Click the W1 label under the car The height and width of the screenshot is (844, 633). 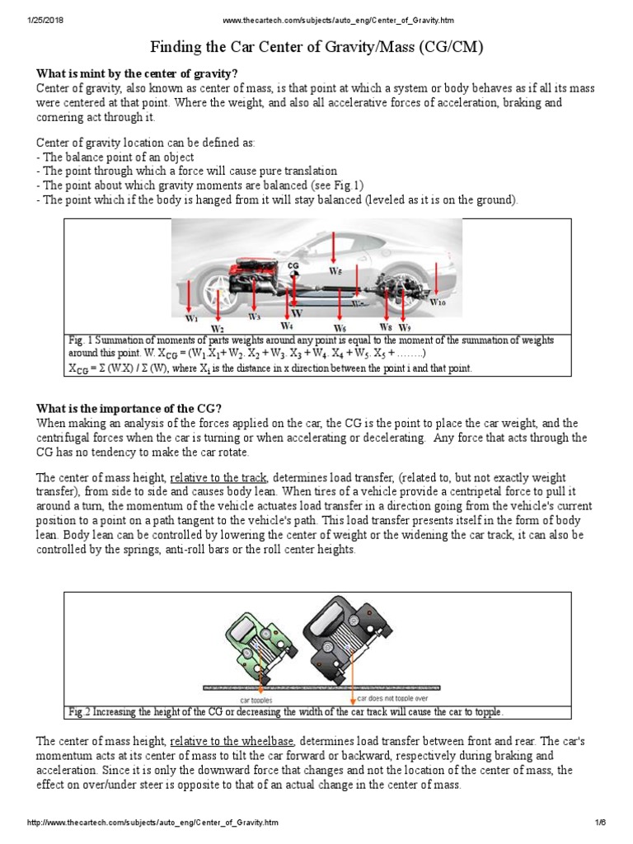[x=191, y=317]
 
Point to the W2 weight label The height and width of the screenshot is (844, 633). [x=217, y=327]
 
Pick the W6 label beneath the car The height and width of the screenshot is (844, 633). [x=340, y=327]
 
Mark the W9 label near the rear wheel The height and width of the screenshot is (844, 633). [x=404, y=326]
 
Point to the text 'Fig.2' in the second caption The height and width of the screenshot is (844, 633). [x=80, y=711]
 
